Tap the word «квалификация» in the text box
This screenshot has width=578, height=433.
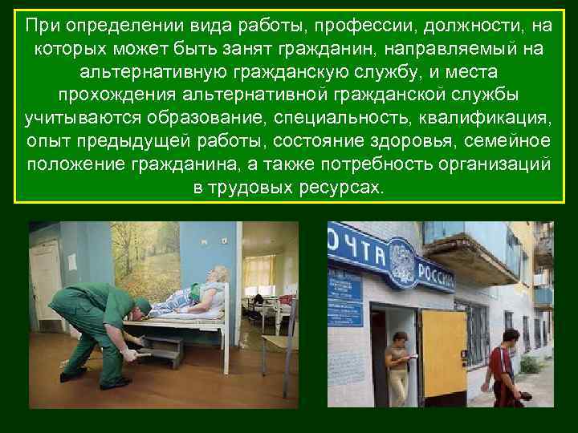(x=484, y=119)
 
